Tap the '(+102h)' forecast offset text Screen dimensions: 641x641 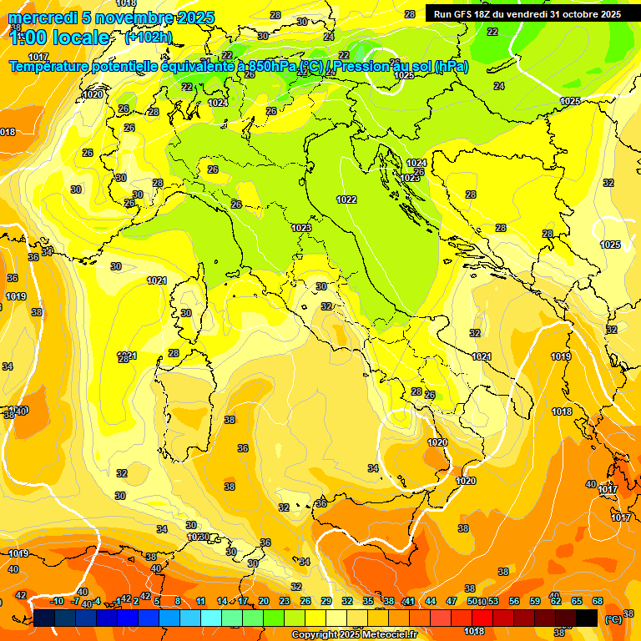click(149, 38)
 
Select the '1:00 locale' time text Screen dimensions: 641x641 click(60, 38)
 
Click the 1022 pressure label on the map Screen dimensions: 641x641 click(346, 199)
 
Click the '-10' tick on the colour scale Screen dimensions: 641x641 click(58, 601)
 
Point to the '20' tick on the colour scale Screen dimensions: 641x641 click(264, 601)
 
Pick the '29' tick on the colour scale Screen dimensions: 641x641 click(326, 601)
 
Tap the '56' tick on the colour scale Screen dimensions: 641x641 click(514, 601)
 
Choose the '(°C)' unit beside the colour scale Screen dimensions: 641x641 click(613, 618)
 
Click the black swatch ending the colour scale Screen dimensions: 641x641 click(587, 618)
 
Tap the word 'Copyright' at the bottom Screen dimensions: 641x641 click(315, 634)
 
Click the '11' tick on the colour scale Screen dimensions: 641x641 click(201, 601)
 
